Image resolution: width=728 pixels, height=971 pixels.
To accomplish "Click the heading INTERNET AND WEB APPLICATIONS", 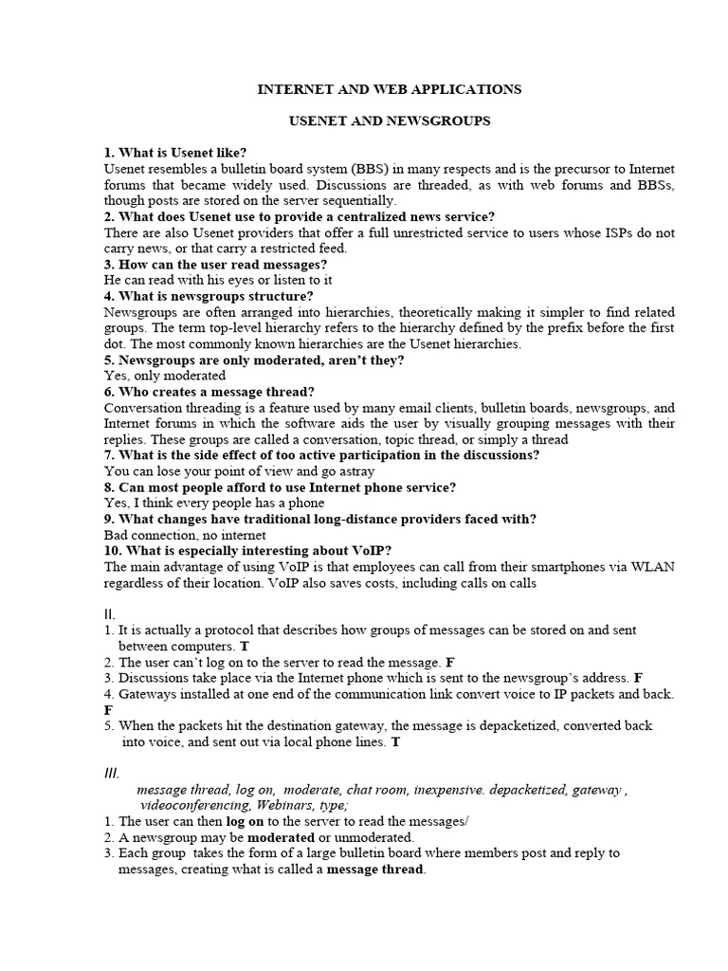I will pos(390,89).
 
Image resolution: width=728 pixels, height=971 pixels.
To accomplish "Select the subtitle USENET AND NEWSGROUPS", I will pos(390,123).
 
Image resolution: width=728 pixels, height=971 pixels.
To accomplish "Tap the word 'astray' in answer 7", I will pos(354,471).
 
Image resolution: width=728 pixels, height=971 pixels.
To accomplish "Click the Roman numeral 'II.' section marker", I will pos(109,614).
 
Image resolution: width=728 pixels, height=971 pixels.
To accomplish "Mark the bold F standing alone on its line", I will pos(107,709).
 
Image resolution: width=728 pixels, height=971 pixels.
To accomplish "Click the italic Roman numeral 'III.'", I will pos(111,773).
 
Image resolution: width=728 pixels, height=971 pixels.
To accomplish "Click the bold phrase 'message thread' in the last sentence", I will pos(375,870).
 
